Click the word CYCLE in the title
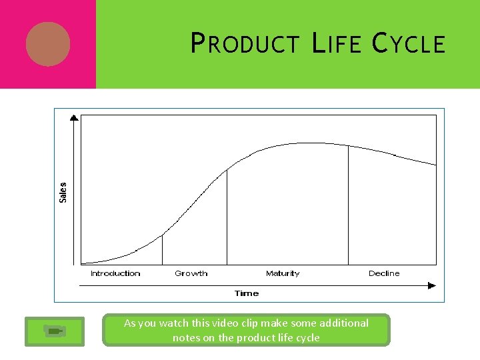pyautogui.click(x=409, y=44)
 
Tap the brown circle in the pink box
pyautogui.click(x=48, y=44)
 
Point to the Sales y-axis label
pyautogui.click(x=63, y=192)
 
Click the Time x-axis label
pyautogui.click(x=246, y=293)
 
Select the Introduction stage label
pyautogui.click(x=115, y=273)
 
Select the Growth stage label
pyautogui.click(x=191, y=273)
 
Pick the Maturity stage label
pyautogui.click(x=283, y=273)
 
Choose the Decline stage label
pyautogui.click(x=384, y=273)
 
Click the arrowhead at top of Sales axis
pyautogui.click(x=74, y=118)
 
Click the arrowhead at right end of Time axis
pyautogui.click(x=432, y=286)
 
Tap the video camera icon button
pyautogui.click(x=55, y=331)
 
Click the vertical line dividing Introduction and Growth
pyautogui.click(x=162, y=249)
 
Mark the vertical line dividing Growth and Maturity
pyautogui.click(x=227, y=217)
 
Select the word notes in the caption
pyautogui.click(x=187, y=338)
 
